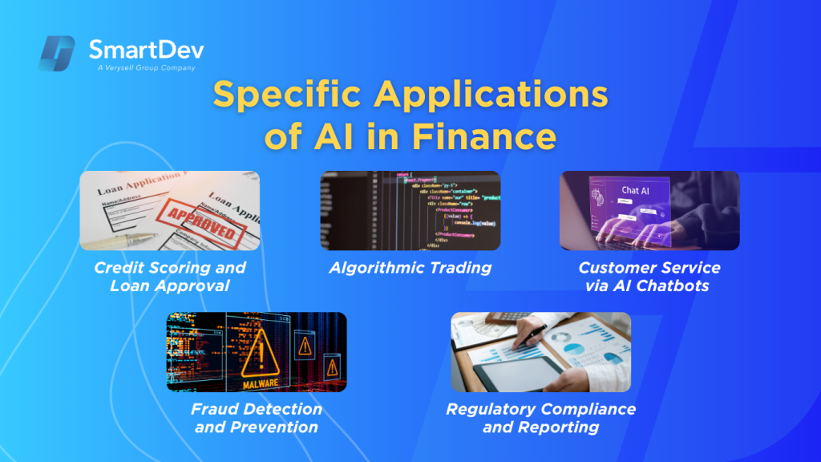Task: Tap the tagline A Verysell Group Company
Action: click(142, 68)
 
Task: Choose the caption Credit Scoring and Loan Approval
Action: click(170, 276)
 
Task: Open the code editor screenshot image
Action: click(410, 210)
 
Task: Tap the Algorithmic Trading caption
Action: click(410, 268)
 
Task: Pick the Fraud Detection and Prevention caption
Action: click(257, 417)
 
